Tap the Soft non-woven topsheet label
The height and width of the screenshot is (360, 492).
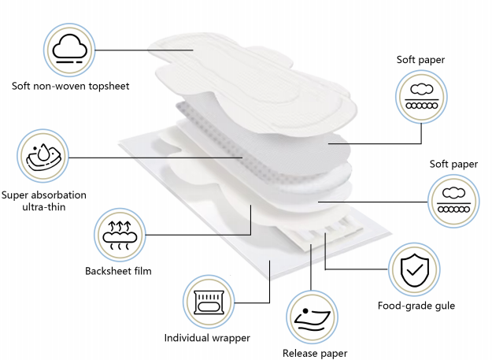(x=70, y=85)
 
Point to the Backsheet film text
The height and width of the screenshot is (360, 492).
(x=118, y=271)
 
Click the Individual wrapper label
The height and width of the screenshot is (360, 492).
(x=207, y=337)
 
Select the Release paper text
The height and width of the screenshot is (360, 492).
(x=314, y=354)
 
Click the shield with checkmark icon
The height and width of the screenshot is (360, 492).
(x=414, y=269)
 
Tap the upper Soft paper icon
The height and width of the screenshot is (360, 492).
(x=420, y=98)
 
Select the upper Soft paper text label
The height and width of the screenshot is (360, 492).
(x=420, y=61)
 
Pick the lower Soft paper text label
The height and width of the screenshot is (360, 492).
(x=453, y=164)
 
